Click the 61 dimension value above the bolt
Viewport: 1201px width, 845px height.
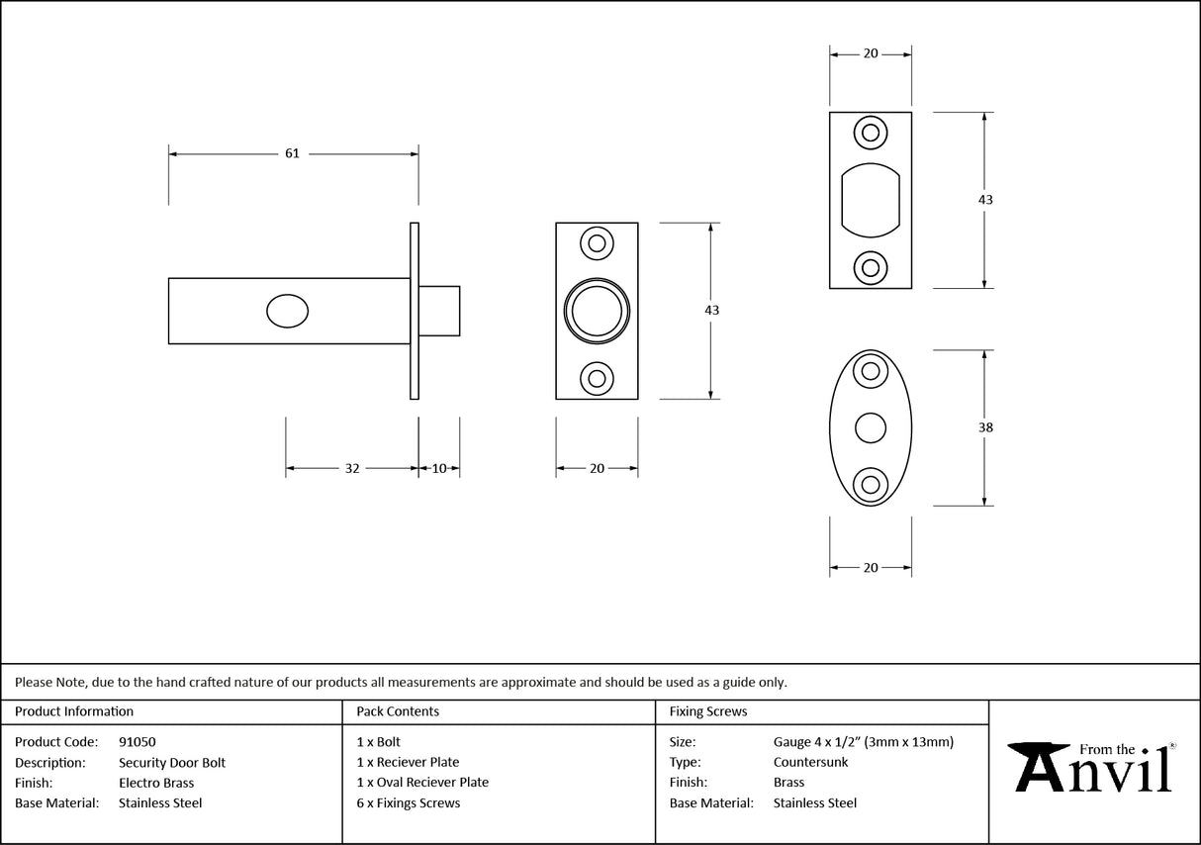(x=292, y=153)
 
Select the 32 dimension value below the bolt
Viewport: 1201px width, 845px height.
(x=352, y=469)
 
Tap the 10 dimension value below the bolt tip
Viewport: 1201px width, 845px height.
(x=439, y=469)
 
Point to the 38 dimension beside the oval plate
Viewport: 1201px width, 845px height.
(x=984, y=427)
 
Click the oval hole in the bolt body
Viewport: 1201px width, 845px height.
(x=287, y=311)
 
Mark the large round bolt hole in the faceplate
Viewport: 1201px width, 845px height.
(x=597, y=310)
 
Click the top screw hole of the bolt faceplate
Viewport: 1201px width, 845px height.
(x=597, y=242)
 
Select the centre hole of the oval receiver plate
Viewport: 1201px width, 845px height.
(x=871, y=427)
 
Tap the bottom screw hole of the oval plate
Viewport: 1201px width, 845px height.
(x=871, y=484)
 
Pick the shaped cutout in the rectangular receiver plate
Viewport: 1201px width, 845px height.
(x=871, y=200)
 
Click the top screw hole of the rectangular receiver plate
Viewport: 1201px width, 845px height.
(x=871, y=133)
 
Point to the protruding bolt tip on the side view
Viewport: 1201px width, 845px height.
(x=439, y=311)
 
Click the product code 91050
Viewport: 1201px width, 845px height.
(x=137, y=741)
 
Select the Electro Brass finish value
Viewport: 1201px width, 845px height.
(x=156, y=783)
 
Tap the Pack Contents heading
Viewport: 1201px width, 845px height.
(x=398, y=711)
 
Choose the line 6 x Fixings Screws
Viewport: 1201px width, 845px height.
(x=409, y=803)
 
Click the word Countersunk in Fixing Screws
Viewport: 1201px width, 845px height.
(x=810, y=762)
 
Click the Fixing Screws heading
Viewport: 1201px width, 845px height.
(x=708, y=711)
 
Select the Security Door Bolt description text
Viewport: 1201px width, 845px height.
(x=172, y=762)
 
